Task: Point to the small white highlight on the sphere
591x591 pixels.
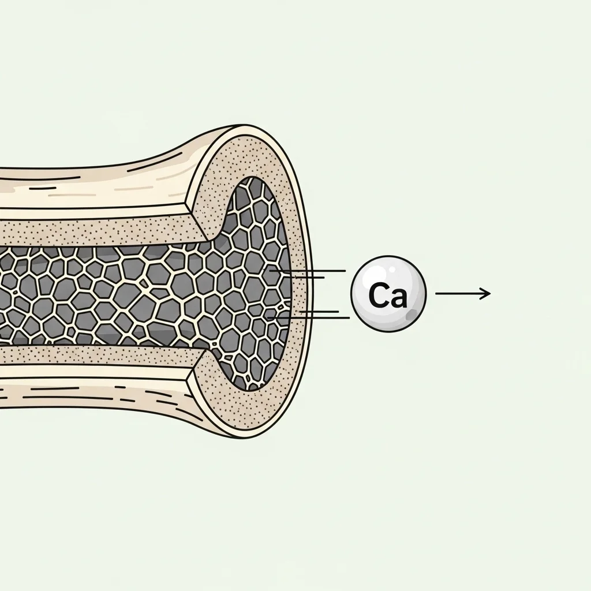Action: pyautogui.click(x=392, y=269)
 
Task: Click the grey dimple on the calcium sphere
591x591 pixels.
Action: pyautogui.click(x=411, y=313)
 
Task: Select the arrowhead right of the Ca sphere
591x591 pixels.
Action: pyautogui.click(x=485, y=293)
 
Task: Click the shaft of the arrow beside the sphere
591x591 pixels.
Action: pyautogui.click(x=462, y=293)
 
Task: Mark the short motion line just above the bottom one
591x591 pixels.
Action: pyautogui.click(x=319, y=311)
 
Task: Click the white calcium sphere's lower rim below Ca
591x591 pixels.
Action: pyautogui.click(x=388, y=330)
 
